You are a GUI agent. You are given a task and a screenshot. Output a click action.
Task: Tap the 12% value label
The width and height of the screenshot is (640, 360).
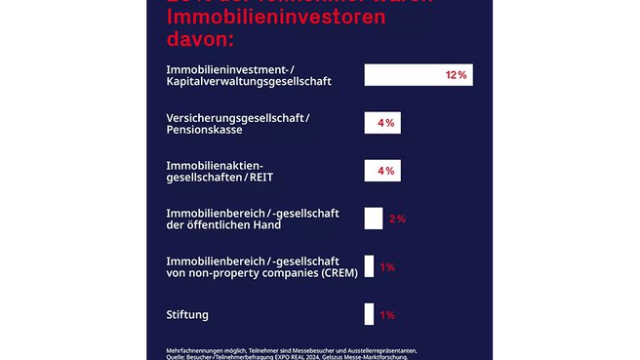click(x=456, y=75)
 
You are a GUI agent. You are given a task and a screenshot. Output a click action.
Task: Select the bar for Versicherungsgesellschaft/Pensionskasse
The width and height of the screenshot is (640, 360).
click(x=381, y=123)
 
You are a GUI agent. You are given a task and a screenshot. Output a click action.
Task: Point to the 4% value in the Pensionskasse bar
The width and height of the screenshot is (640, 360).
click(x=385, y=123)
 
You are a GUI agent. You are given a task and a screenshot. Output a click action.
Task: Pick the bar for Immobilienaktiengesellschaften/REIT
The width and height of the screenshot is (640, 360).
click(x=381, y=171)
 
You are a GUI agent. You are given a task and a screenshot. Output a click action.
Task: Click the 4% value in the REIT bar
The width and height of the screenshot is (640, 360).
click(x=385, y=171)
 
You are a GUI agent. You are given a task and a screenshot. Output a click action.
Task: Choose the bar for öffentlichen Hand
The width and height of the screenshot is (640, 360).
click(x=373, y=219)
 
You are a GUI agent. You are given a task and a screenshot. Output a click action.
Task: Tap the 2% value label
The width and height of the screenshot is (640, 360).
click(x=397, y=219)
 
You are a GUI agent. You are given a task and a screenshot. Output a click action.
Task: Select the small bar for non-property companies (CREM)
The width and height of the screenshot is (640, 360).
click(x=369, y=266)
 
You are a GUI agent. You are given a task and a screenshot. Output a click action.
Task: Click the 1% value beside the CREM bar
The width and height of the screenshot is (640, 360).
click(x=387, y=266)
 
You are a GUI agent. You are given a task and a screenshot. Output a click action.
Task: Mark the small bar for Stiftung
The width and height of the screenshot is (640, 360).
click(x=369, y=314)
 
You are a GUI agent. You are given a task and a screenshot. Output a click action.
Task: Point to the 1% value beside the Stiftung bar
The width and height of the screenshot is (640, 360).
click(x=387, y=314)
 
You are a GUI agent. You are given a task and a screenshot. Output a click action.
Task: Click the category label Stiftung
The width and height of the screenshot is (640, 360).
click(x=187, y=314)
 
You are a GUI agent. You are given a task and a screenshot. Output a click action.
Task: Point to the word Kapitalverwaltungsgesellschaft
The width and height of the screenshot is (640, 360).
click(x=250, y=82)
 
